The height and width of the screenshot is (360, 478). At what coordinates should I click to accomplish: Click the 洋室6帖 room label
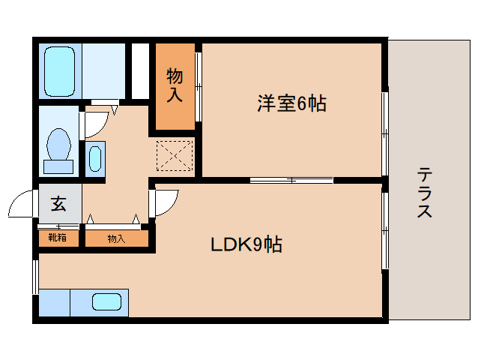[x=292, y=104]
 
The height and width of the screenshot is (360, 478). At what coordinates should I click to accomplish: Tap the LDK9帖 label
[x=245, y=244]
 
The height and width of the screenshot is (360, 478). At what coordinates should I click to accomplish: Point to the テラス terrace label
[x=425, y=193]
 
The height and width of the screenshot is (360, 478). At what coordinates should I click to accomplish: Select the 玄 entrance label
[x=58, y=203]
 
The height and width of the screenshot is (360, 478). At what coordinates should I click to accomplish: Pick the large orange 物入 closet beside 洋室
[x=175, y=85]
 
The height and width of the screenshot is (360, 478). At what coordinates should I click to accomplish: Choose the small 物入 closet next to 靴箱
[x=116, y=238]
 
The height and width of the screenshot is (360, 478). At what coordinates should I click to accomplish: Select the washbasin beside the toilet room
[x=95, y=159]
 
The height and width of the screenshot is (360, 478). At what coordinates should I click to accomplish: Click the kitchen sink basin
[x=106, y=302]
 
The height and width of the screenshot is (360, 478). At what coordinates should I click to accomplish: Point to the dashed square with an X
[x=174, y=154]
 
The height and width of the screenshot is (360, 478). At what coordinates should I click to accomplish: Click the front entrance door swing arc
[x=22, y=202]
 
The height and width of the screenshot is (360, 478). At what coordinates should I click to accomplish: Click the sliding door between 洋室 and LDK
[x=291, y=180]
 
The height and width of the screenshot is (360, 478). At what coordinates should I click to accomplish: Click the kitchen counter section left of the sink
[x=54, y=302]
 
